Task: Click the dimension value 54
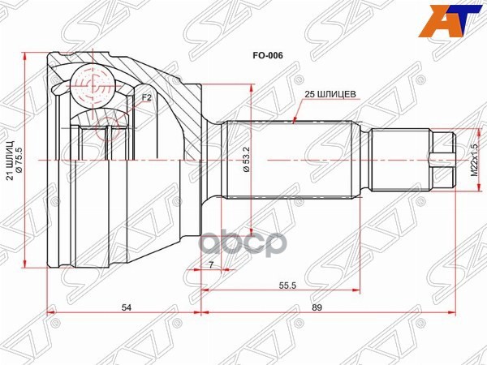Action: tap(126, 307)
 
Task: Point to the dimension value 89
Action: tap(328, 307)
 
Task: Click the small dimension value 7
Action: tap(209, 264)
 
